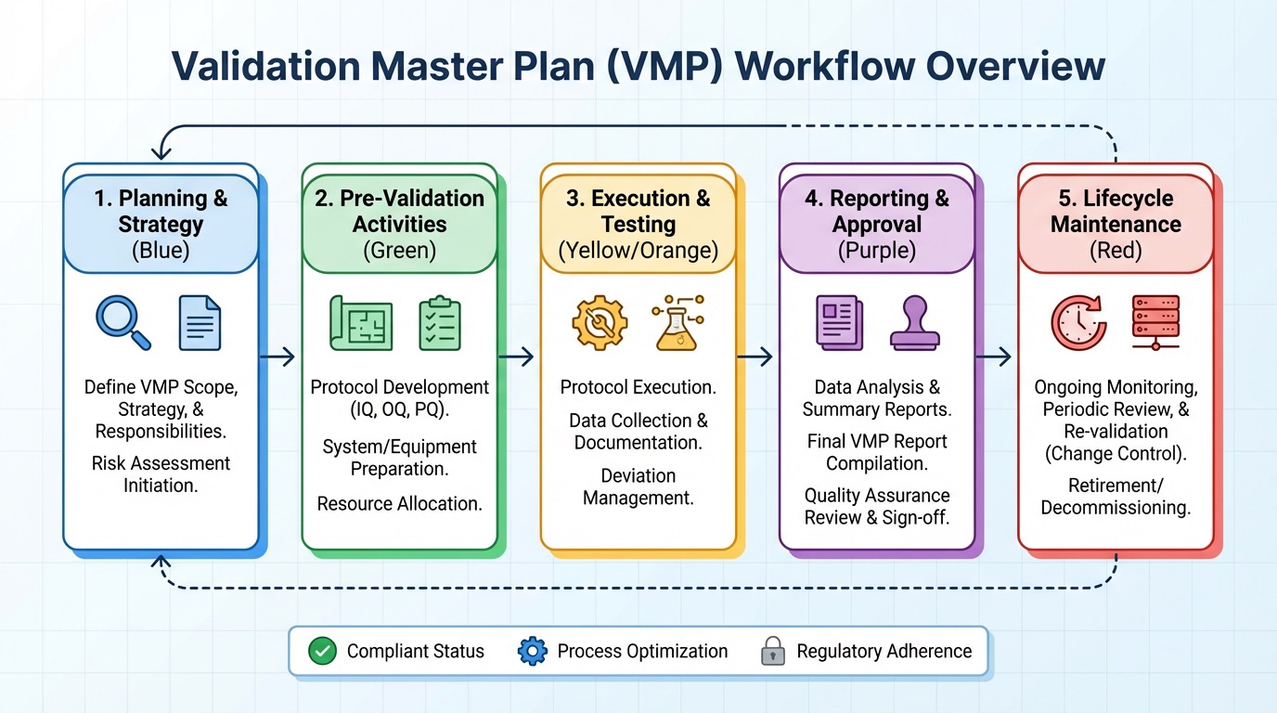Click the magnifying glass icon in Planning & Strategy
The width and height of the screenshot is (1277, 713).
[123, 322]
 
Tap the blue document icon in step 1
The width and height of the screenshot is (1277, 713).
[200, 322]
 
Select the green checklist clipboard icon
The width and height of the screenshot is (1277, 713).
[439, 322]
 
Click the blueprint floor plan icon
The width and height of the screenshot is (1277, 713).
[361, 323]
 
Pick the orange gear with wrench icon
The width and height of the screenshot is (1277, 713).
[600, 322]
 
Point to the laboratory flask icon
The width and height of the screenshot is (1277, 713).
[677, 322]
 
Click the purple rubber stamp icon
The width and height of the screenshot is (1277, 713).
[914, 322]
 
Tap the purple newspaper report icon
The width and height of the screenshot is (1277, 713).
[839, 322]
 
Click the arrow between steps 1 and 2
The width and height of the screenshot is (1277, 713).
[277, 356]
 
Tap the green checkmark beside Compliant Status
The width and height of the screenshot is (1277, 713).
[322, 651]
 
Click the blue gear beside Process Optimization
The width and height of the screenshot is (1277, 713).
[533, 651]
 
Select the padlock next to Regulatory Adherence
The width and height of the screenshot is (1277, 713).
[772, 651]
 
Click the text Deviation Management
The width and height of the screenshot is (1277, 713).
[638, 486]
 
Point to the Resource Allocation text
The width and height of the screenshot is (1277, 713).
[399, 503]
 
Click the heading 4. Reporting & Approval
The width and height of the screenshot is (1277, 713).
[876, 212]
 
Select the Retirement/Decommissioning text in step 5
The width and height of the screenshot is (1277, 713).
[1116, 497]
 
